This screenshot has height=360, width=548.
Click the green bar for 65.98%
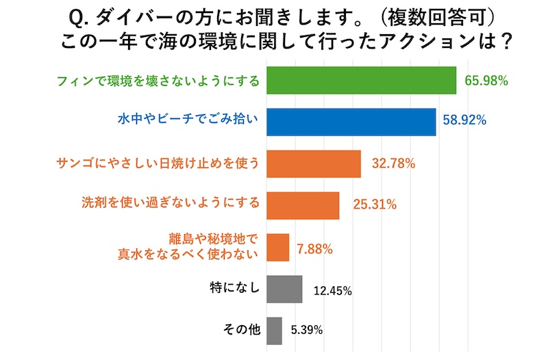pos(361,81)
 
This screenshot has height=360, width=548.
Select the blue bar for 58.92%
pos(351,122)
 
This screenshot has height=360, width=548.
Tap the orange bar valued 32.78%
pos(313,164)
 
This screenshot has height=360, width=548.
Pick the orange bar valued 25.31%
pos(302,205)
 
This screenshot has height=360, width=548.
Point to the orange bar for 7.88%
pos(277,247)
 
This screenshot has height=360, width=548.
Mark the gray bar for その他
pos(273,331)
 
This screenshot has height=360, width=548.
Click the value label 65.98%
pos(486,81)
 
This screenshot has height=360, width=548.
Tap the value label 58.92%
pos(465,122)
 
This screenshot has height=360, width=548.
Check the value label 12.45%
pos(332,291)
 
